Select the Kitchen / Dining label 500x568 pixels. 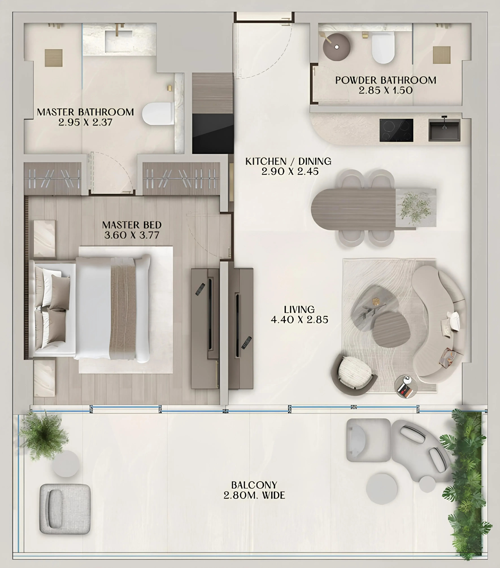(288, 161)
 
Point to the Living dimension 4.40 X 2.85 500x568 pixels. (299, 320)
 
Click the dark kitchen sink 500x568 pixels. (444, 130)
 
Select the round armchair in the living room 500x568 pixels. (355, 372)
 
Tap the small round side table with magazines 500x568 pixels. (406, 387)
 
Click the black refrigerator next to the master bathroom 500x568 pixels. (213, 133)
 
